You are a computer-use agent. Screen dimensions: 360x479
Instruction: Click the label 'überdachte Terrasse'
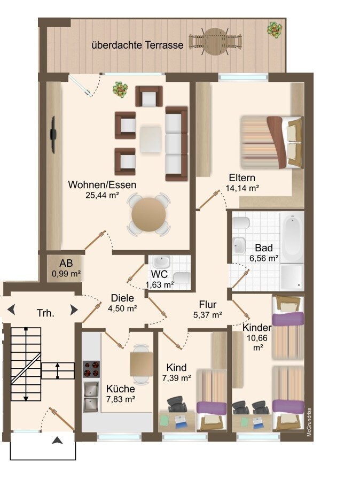pyautogui.click(x=138, y=45)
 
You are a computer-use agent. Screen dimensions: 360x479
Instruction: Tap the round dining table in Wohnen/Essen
pyautogui.click(x=148, y=214)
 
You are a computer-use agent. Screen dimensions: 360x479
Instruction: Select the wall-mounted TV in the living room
pyautogui.click(x=53, y=135)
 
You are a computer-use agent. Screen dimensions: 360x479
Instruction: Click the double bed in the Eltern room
pyautogui.click(x=271, y=142)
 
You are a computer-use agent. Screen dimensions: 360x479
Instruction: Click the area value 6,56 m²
pyautogui.click(x=264, y=258)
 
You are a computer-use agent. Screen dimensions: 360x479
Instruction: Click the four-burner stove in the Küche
pyautogui.click(x=91, y=369)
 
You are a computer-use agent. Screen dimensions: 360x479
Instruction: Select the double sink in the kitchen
pyautogui.click(x=91, y=397)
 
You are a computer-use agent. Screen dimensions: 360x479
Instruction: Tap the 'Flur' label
pyautogui.click(x=208, y=305)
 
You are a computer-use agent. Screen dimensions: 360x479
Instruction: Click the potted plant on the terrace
pyautogui.click(x=275, y=29)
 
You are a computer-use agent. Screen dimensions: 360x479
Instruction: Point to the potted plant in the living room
pyautogui.click(x=120, y=89)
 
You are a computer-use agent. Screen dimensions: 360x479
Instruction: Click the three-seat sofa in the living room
pyautogui.click(x=176, y=144)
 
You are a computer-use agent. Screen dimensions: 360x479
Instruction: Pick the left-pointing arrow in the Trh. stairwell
pyautogui.click(x=11, y=310)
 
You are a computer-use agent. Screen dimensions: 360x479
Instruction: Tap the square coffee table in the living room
pyautogui.click(x=151, y=140)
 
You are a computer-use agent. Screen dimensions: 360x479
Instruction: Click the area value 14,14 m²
pyautogui.click(x=242, y=188)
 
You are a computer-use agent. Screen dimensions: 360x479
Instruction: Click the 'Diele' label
pyautogui.click(x=122, y=298)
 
